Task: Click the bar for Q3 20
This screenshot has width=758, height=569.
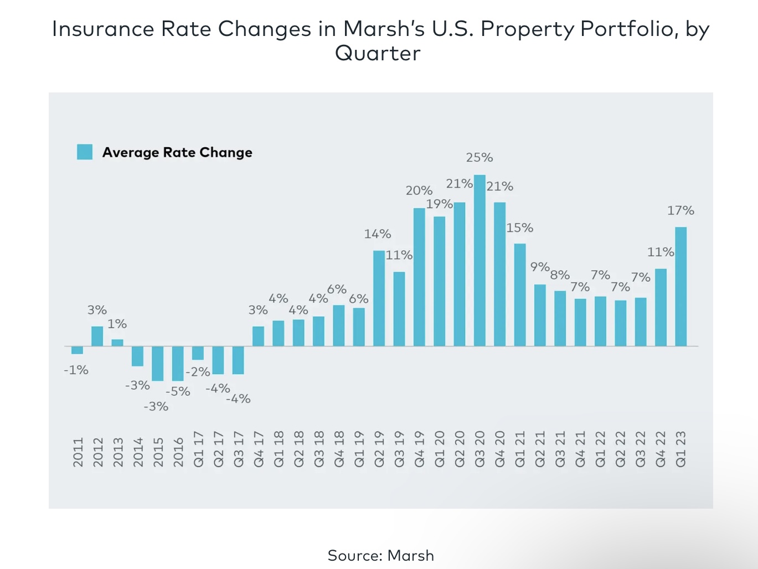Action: point(479,260)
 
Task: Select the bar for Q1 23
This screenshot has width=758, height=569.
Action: point(680,286)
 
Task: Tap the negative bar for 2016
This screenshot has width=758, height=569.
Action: point(178,363)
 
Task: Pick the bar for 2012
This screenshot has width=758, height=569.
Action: point(97,336)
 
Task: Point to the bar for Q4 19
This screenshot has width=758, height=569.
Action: point(419,277)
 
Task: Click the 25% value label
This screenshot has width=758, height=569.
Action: point(479,158)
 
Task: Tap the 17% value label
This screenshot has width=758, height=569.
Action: point(680,211)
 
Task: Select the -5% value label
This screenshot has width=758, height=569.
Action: point(178,392)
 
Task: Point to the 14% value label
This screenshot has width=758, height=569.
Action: point(378,234)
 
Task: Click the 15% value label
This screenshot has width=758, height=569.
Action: point(520,228)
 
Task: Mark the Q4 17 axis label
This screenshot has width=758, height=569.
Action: point(259,449)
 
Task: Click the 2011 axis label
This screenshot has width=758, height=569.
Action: point(78,452)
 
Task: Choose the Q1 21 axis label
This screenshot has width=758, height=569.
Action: point(520,449)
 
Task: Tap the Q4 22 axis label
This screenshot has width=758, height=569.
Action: point(661,449)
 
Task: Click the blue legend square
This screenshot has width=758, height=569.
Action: point(85,152)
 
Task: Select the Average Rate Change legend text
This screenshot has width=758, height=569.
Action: point(177,153)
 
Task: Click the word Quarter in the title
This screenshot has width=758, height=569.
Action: point(378,54)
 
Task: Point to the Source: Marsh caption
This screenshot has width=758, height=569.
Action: point(381,556)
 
